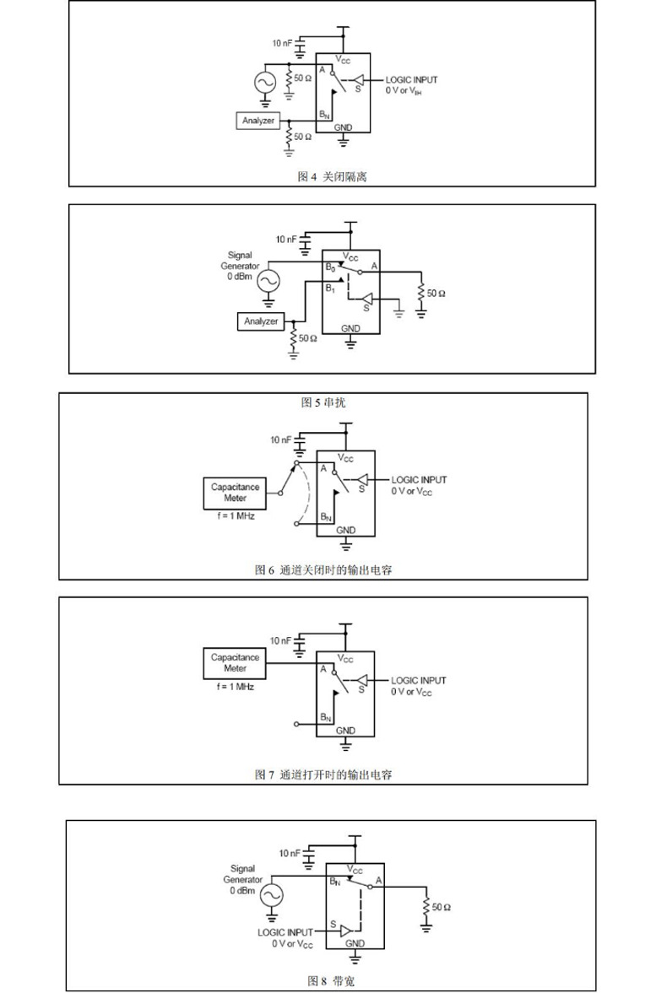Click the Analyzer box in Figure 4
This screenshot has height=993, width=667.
[258, 121]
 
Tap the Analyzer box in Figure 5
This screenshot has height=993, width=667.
[261, 321]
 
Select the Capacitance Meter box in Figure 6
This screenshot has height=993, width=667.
[236, 493]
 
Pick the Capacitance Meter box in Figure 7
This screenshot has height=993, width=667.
[236, 663]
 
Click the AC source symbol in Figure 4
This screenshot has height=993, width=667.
[264, 83]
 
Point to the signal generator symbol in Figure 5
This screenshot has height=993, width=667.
[268, 281]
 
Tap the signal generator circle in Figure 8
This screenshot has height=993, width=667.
[272, 894]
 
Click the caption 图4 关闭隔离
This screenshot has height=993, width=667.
[332, 176]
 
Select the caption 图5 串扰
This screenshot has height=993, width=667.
[323, 402]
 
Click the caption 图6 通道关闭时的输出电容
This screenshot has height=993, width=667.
[323, 570]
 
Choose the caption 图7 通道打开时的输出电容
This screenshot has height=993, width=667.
[323, 774]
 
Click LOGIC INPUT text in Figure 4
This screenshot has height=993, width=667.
[411, 80]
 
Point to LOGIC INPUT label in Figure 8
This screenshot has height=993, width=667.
[285, 932]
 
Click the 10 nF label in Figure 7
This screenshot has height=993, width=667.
[280, 641]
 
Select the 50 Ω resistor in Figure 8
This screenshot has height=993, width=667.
[426, 907]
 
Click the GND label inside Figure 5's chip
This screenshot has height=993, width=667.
[350, 329]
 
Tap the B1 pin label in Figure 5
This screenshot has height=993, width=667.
[330, 289]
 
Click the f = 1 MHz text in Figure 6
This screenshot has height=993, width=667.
[236, 516]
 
